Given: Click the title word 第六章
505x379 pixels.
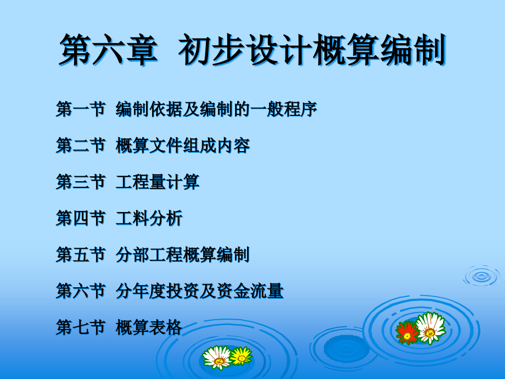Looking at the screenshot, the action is pos(109,50).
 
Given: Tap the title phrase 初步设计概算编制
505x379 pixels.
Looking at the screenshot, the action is pos(312,50).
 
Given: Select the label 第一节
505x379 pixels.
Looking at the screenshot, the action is pos(81,109).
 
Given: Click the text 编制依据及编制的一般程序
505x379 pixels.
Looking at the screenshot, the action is pos(216,109).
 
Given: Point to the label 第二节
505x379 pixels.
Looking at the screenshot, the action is pos(81,146).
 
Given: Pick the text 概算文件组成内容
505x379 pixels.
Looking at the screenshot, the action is pos(183,146).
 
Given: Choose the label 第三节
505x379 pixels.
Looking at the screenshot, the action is pos(81,182).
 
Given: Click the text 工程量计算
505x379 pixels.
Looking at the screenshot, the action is pos(158,182).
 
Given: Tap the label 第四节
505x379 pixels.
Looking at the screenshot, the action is pos(81,218).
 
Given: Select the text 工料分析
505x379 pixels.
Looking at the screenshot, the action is pos(149,218).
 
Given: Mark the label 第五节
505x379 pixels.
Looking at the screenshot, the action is pos(81,255).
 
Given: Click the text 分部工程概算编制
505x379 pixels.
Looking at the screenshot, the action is pos(183,255).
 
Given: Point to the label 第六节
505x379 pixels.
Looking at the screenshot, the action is pos(81,291).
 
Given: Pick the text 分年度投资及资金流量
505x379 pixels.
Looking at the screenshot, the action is pos(199,291).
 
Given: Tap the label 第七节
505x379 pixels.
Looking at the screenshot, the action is pos(81,327).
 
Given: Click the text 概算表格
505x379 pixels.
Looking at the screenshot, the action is pos(149,327).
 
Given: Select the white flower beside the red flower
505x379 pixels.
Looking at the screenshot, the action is pos(430,328).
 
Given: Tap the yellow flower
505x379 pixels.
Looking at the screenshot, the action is pos(241,356).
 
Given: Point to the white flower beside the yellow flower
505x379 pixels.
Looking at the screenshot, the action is pos(217,358).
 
